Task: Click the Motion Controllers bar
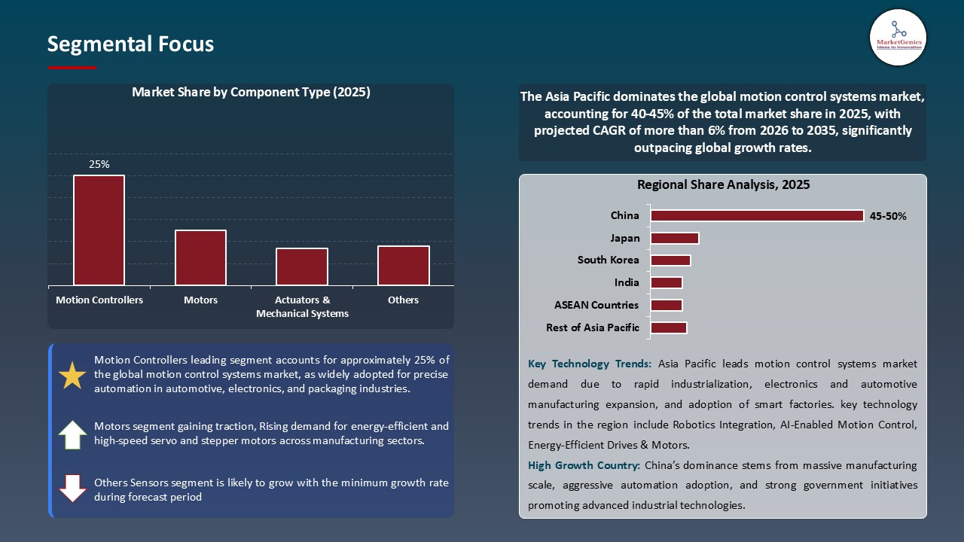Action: [99, 230]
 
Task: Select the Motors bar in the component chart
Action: [200, 257]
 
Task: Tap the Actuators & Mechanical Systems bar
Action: [302, 266]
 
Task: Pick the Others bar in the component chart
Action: [404, 266]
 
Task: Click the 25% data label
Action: [99, 164]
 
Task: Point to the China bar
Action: [757, 216]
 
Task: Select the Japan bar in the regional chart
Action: [675, 239]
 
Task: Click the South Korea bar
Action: [670, 260]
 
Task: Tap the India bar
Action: [667, 283]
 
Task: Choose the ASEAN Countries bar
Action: [667, 305]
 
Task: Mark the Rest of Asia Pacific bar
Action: [669, 327]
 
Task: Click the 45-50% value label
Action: [888, 216]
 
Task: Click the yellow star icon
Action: [72, 375]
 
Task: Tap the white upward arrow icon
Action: [72, 434]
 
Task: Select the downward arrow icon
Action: [72, 488]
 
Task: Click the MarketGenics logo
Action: [898, 38]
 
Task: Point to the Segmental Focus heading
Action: [130, 44]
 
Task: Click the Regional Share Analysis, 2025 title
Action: [723, 184]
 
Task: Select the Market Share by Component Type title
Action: [251, 93]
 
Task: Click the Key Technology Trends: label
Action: [590, 364]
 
